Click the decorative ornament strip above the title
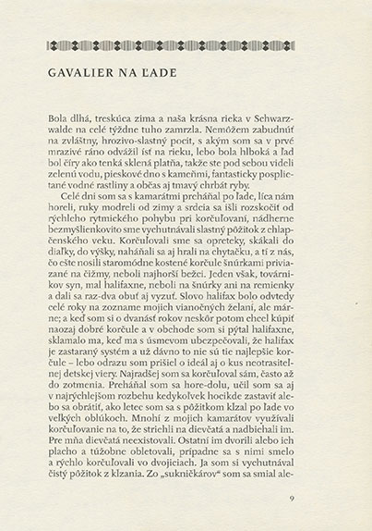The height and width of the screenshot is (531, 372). (x=186, y=47)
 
